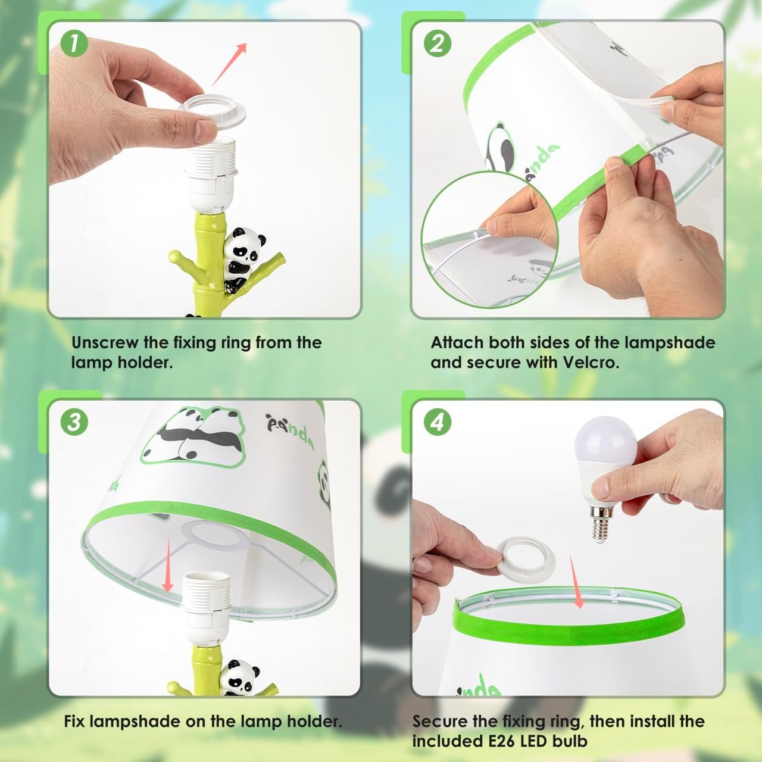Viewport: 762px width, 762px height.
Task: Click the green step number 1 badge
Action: tap(74, 43)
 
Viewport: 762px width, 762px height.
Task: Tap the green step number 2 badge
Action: tap(438, 43)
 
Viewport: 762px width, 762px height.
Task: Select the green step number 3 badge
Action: tap(74, 422)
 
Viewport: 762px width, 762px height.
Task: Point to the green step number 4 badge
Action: tap(438, 423)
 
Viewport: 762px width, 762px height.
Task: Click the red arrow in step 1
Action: tap(229, 64)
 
